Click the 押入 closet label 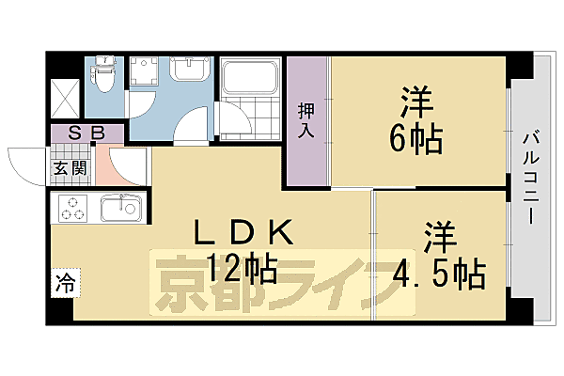306,120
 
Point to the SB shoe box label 86,134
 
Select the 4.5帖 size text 443,274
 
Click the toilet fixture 103,76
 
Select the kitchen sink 119,207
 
